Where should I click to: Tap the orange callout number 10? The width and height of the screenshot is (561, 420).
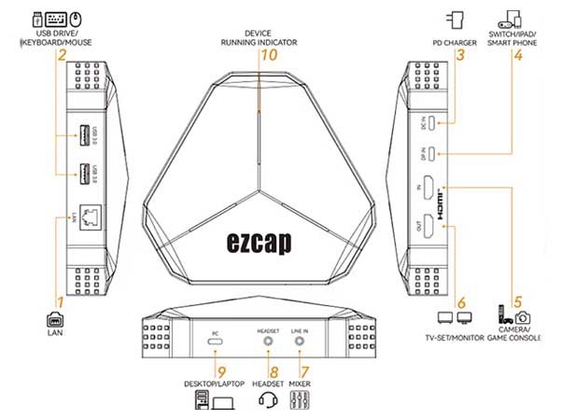270,55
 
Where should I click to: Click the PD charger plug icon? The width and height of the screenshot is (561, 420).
457,21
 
